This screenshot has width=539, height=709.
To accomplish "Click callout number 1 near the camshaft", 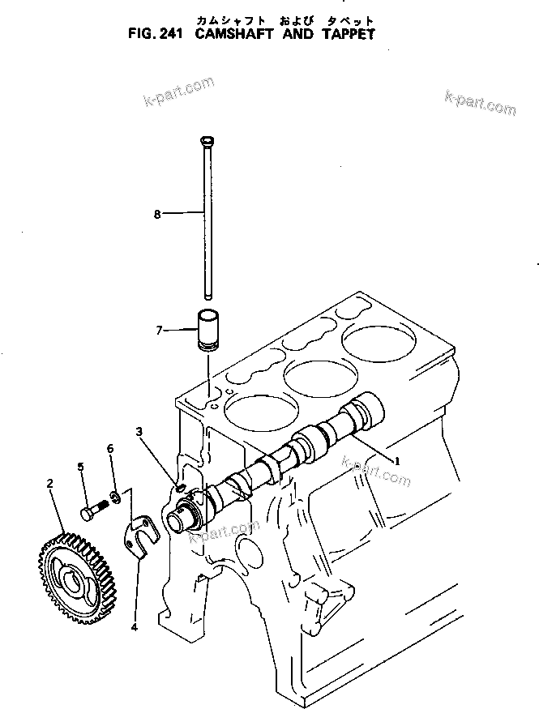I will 397,460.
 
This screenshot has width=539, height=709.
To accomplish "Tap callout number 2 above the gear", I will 50,484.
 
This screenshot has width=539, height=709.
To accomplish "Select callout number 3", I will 139,432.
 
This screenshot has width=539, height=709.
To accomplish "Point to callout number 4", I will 134,626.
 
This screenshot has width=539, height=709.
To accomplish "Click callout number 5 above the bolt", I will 81,466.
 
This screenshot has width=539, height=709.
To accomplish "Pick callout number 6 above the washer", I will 110,448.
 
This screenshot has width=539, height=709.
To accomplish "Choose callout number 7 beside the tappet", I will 159,330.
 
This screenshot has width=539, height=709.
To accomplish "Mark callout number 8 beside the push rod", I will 157,214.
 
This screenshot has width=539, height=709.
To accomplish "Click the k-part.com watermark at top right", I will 480,103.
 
